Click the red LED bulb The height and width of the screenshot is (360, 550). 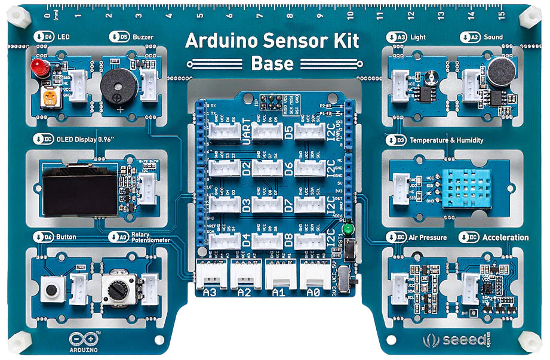pyautogui.click(x=40, y=67)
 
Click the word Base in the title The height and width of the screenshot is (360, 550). pyautogui.click(x=272, y=63)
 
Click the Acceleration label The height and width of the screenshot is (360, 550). pyautogui.click(x=505, y=237)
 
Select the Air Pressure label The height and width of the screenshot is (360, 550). pyautogui.click(x=429, y=237)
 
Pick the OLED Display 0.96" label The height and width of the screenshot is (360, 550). pyautogui.click(x=84, y=140)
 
